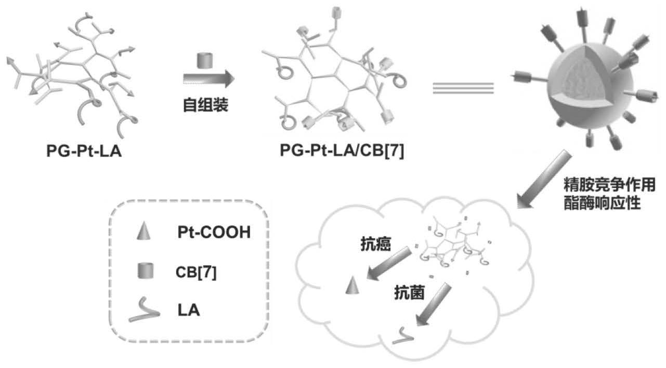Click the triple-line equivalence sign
point(463,88)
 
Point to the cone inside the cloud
point(351,285)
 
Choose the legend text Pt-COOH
point(213,233)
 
